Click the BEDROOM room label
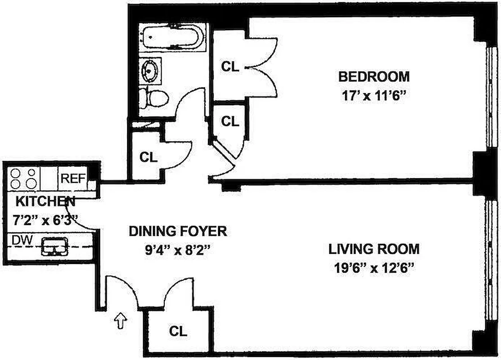(374, 76)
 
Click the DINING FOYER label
(177, 231)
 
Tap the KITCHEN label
(45, 201)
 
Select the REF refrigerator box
(72, 178)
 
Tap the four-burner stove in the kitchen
(23, 179)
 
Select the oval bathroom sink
(150, 70)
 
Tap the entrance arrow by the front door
(122, 320)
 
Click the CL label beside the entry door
(178, 332)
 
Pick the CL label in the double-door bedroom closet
(230, 67)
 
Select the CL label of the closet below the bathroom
(148, 157)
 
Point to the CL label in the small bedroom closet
(230, 121)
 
